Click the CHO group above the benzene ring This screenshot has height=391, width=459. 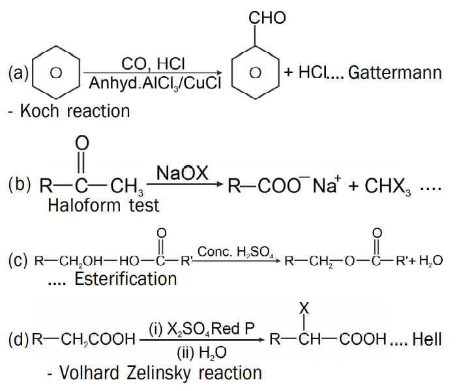point(267,18)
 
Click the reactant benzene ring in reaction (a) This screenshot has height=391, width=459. point(55,73)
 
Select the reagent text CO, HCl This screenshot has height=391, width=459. point(153,64)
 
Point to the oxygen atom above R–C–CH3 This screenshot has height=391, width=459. point(81,142)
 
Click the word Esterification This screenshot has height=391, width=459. point(126,278)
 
